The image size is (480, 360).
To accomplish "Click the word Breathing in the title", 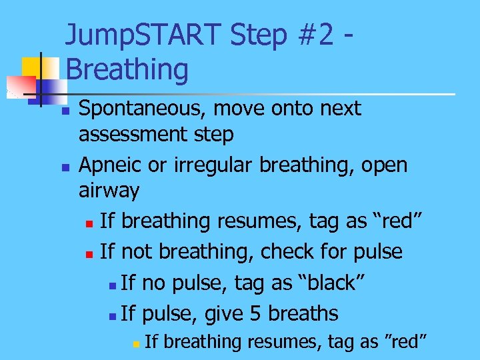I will pyautogui.click(x=127, y=69).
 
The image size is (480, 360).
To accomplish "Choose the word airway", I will pyautogui.click(x=109, y=191).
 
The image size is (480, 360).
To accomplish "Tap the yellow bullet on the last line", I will pyautogui.click(x=135, y=344).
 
